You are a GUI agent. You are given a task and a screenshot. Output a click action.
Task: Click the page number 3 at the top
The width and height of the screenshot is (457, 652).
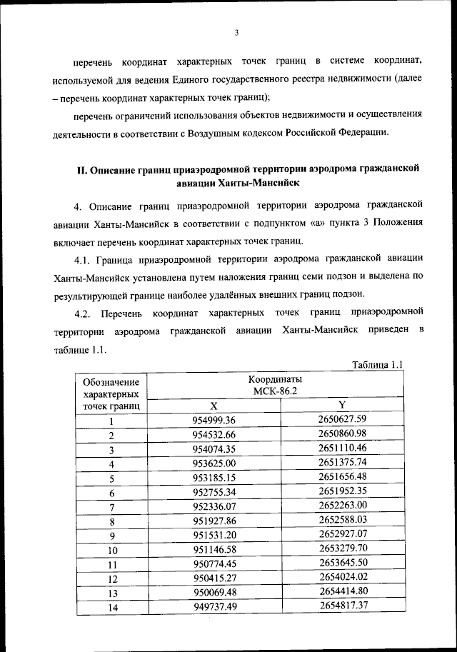point(236,32)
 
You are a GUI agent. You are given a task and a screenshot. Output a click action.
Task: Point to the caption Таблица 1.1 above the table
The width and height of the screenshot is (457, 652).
point(378,365)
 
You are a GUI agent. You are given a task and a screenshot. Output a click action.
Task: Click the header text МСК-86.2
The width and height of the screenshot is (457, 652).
point(275,391)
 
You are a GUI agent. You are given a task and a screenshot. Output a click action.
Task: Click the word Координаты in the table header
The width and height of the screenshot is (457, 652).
point(275,378)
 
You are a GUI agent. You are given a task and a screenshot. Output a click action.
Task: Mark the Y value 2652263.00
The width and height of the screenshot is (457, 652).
point(342,505)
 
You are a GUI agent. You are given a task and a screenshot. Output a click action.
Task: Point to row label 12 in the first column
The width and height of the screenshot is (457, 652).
point(111,579)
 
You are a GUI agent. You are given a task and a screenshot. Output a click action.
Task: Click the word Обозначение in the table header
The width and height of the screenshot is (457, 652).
point(111,382)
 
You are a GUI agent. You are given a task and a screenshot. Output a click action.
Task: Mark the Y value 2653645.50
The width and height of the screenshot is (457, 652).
point(342,562)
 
